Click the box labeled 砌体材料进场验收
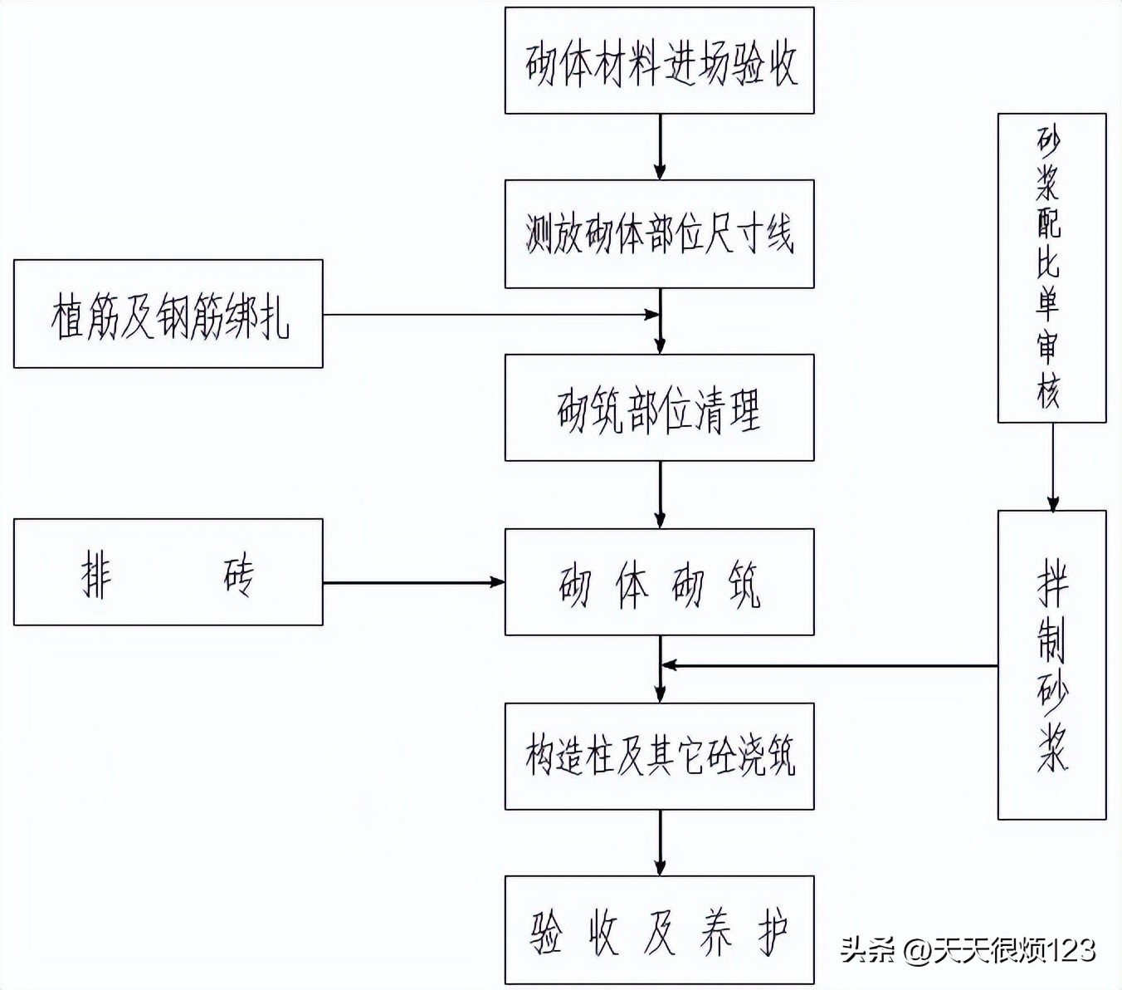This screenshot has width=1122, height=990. (x=659, y=61)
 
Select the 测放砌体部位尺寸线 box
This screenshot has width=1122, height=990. (x=659, y=234)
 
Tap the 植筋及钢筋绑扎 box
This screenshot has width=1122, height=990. (x=168, y=314)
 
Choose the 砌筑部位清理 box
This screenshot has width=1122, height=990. (x=659, y=408)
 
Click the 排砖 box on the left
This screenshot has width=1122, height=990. (x=168, y=572)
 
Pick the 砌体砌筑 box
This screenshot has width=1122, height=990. (x=659, y=582)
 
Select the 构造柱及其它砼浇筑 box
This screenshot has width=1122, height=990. (x=659, y=756)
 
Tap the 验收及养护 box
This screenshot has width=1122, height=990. (x=659, y=930)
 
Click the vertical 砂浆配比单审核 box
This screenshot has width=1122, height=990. (x=1051, y=267)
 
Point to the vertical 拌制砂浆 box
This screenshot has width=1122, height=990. (x=1051, y=664)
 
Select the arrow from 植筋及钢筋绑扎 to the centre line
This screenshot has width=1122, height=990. (x=490, y=315)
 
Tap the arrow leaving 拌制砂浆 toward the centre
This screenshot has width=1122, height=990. (x=830, y=665)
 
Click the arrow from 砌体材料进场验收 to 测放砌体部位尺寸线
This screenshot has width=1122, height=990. (x=660, y=147)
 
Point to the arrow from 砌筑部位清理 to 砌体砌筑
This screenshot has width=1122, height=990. (x=660, y=495)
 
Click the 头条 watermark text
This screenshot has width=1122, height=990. (x=868, y=949)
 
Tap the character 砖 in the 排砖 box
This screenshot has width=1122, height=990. (x=239, y=574)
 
